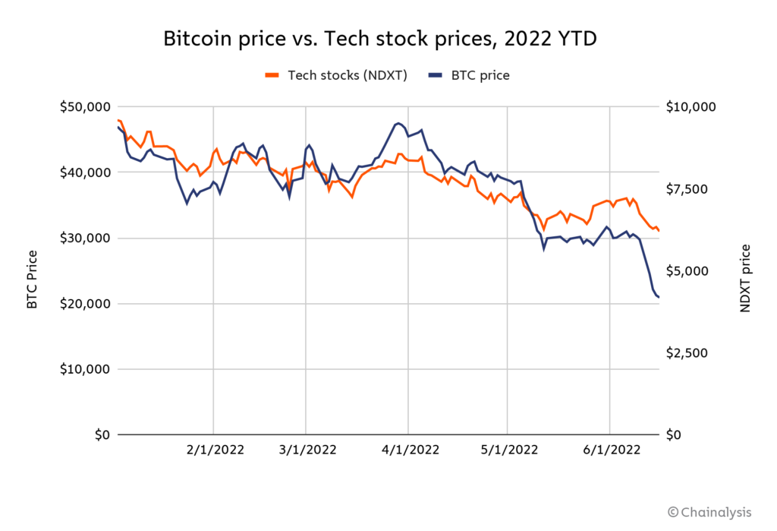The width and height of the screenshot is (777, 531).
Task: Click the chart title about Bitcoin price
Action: point(385,39)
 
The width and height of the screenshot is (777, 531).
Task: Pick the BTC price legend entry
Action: point(468,74)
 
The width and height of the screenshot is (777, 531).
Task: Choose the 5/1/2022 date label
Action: point(508,450)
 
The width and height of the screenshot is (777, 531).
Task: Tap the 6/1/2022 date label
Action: point(610,450)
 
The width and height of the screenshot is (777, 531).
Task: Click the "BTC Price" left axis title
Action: point(32,281)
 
